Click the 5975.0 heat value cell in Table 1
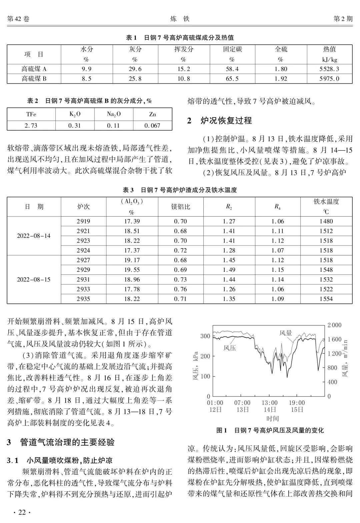pyautogui.click(x=329, y=79)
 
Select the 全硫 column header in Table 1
pyautogui.click(x=281, y=49)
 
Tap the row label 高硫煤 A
pyautogui.click(x=34, y=69)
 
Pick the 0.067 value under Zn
pyautogui.click(x=152, y=126)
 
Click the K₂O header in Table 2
pyautogui.click(x=75, y=114)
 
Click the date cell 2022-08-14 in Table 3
pyautogui.click(x=34, y=236)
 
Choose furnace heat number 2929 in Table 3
pyautogui.click(x=83, y=270)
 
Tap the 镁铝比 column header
pyautogui.click(x=180, y=207)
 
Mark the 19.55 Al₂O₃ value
pyautogui.click(x=132, y=270)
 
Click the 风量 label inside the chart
pyautogui.click(x=286, y=333)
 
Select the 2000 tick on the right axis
pyautogui.click(x=334, y=325)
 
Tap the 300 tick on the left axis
pyautogui.click(x=205, y=336)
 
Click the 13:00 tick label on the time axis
pyautogui.click(x=269, y=403)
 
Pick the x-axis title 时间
pyautogui.click(x=272, y=418)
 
